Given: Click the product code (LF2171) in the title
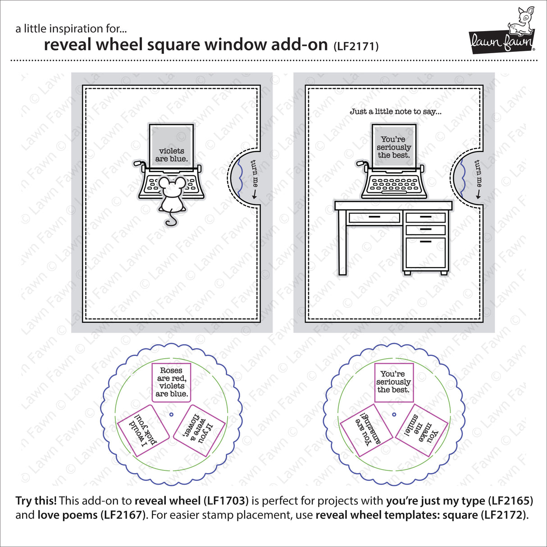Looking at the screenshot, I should [x=356, y=46].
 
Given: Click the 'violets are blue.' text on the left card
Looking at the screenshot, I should [x=171, y=155].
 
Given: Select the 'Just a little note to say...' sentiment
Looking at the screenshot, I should [x=396, y=111].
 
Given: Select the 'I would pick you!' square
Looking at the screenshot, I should [x=142, y=430].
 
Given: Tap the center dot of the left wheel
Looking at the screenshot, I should [x=171, y=414].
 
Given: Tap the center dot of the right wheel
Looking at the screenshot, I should [x=394, y=414].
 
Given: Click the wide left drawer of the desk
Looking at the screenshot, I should [x=374, y=218].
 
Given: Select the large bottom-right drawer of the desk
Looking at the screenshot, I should [x=425, y=254].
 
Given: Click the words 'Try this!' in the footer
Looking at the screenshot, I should [x=36, y=501].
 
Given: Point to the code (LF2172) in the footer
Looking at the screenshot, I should [x=505, y=515].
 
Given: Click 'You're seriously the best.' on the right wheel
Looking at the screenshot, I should [x=394, y=382].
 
